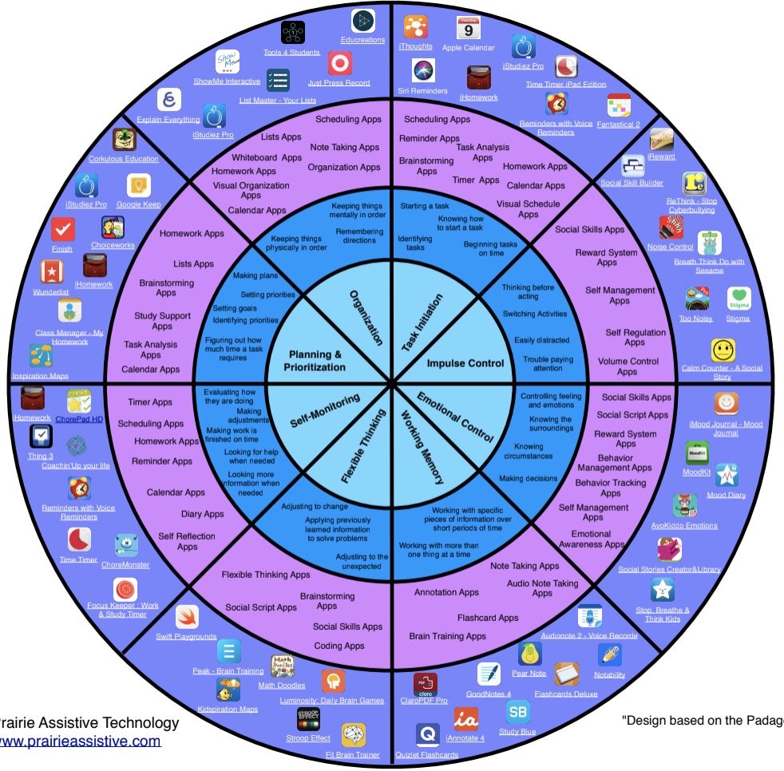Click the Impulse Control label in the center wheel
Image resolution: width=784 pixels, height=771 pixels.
tap(465, 363)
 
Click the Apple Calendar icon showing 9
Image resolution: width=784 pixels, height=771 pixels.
tap(468, 28)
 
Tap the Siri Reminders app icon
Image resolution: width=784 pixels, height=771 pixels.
tap(422, 70)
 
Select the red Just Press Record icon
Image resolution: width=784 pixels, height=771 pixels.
tap(339, 63)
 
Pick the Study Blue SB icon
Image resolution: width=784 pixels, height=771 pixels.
tap(517, 712)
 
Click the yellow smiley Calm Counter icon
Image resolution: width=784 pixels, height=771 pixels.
tap(723, 351)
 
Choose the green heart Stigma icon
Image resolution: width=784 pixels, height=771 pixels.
tap(738, 299)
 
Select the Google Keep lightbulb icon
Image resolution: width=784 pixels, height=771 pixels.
tap(139, 186)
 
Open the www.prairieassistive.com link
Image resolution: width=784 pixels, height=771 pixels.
tap(80, 741)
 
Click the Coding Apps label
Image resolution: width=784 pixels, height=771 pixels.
tap(339, 646)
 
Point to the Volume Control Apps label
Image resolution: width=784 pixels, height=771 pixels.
tap(628, 366)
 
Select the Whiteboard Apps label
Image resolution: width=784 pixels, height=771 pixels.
tap(267, 157)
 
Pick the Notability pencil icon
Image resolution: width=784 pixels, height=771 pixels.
tap(609, 655)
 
